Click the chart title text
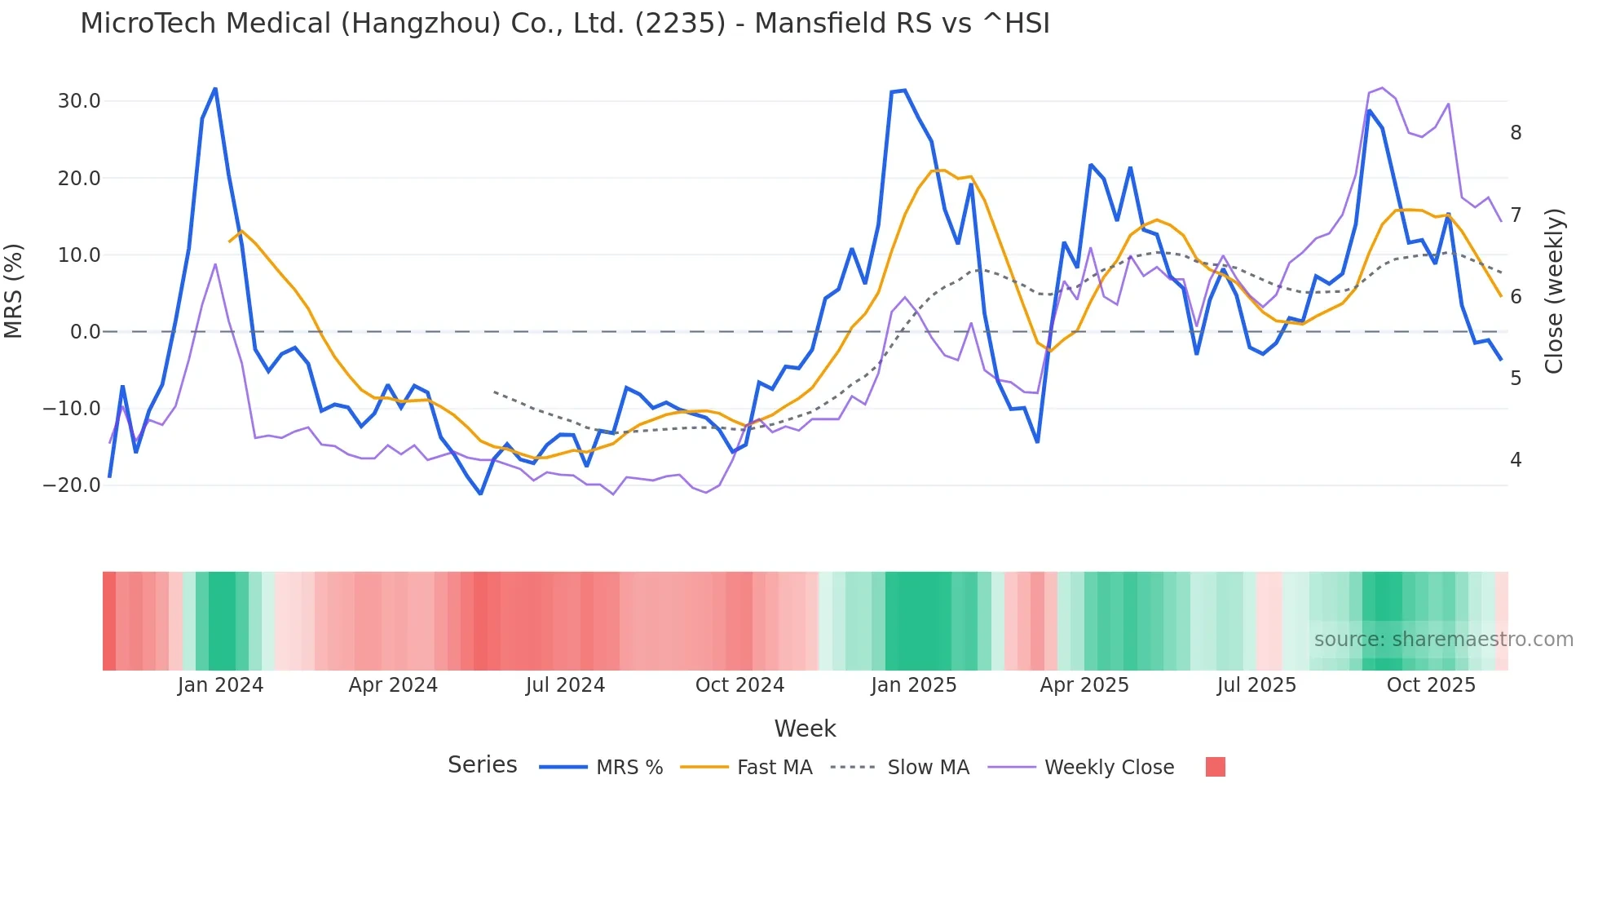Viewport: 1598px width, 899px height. [564, 23]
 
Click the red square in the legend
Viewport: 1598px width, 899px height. [1215, 767]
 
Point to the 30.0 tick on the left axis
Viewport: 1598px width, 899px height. [79, 101]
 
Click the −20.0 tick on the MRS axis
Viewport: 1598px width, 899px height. [73, 485]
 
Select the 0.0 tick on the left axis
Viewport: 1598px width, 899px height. [85, 332]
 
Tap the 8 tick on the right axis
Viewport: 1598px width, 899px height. [1516, 133]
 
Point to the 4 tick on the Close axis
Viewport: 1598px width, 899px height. [1516, 460]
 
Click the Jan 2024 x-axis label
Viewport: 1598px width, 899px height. [220, 685]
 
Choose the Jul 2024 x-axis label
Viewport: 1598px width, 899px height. [565, 685]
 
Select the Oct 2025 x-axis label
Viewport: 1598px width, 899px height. [1431, 685]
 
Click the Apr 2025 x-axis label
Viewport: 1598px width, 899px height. [1084, 685]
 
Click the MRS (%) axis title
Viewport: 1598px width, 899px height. [14, 290]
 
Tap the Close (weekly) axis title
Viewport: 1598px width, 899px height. [1554, 290]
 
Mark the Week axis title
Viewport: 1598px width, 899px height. [805, 728]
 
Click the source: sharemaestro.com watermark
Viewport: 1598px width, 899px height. [1443, 640]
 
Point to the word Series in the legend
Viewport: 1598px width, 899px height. [482, 765]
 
